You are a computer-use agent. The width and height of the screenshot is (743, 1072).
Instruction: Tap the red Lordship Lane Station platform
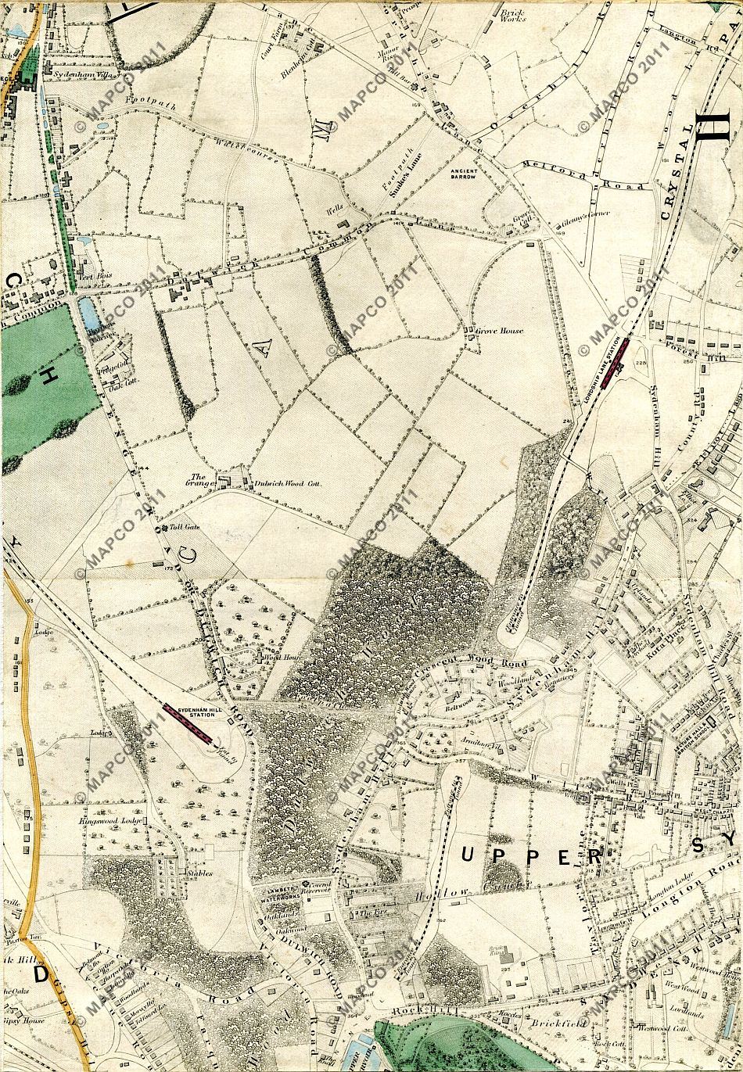coord(618,355)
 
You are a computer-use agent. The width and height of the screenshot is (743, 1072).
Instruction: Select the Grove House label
coord(501,331)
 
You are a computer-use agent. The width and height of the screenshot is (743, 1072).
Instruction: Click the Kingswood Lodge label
coord(109,822)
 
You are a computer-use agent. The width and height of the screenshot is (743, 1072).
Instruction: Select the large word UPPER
coord(532,855)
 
